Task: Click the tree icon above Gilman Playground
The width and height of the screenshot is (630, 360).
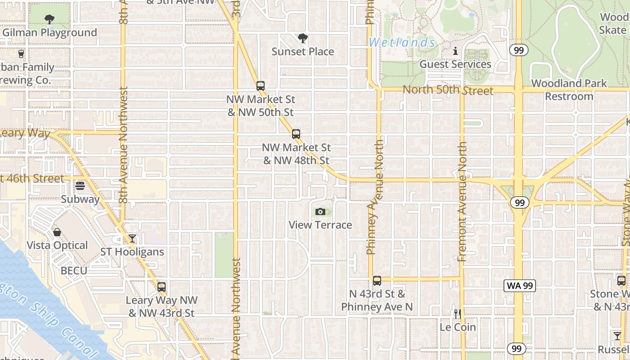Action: [49, 19]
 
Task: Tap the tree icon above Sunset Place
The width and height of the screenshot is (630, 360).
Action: [303, 38]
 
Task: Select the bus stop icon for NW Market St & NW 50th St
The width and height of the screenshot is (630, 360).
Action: [260, 85]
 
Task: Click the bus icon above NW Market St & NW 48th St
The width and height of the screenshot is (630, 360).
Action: [296, 134]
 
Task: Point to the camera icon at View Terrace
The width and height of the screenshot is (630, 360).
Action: [320, 211]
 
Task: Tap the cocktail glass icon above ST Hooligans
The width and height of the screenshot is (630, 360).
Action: [132, 238]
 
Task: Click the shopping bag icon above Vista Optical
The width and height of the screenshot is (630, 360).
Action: [57, 232]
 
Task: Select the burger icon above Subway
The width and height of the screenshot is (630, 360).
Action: [80, 185]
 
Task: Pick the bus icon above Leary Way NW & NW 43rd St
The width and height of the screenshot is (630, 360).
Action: [161, 287]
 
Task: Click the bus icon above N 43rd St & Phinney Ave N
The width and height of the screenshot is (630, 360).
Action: [377, 281]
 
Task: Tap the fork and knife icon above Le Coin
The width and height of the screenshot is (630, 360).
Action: [457, 314]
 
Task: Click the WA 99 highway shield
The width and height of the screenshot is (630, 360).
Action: [520, 285]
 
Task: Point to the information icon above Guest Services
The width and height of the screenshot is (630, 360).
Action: [455, 51]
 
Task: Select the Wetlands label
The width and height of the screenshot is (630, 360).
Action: [402, 43]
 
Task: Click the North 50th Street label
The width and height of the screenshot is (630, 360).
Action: [448, 90]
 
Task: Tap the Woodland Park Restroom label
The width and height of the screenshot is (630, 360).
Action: [569, 90]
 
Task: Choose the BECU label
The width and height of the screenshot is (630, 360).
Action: [74, 271]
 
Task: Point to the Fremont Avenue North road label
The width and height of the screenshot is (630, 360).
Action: [462, 202]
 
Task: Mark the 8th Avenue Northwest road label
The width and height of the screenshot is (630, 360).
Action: [124, 144]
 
